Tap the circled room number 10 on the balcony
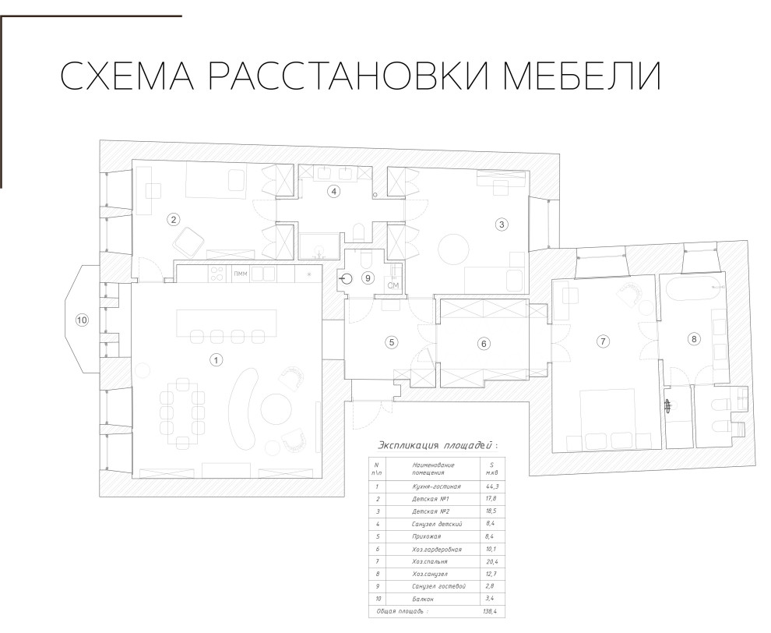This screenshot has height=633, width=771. (x=81, y=319)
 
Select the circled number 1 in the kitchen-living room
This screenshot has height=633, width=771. (x=216, y=359)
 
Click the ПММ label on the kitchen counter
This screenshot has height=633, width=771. (x=241, y=274)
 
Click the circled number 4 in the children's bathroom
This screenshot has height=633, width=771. (x=333, y=191)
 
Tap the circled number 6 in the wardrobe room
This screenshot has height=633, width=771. (x=483, y=342)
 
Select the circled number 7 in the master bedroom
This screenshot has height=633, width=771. (x=601, y=341)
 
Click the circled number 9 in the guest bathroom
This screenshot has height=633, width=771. (x=369, y=278)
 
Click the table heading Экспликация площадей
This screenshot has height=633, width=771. (x=436, y=445)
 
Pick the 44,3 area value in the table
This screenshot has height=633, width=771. (x=491, y=486)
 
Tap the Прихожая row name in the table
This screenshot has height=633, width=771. (x=429, y=537)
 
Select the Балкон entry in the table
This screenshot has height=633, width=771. (x=425, y=599)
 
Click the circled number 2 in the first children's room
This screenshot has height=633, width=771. (x=173, y=220)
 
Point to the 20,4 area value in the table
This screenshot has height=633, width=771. (x=491, y=562)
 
